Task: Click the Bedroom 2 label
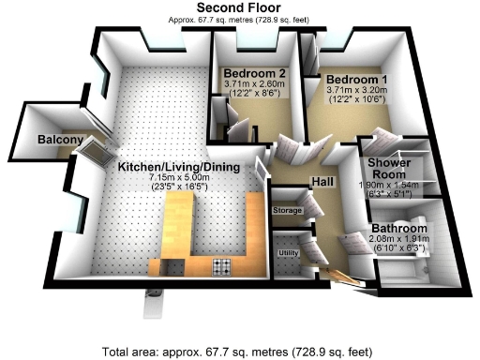tap(254, 73)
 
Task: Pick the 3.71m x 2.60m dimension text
tap(254, 83)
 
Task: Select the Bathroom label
tap(399, 229)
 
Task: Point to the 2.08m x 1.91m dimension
tap(399, 240)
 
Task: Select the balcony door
tap(97, 149)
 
